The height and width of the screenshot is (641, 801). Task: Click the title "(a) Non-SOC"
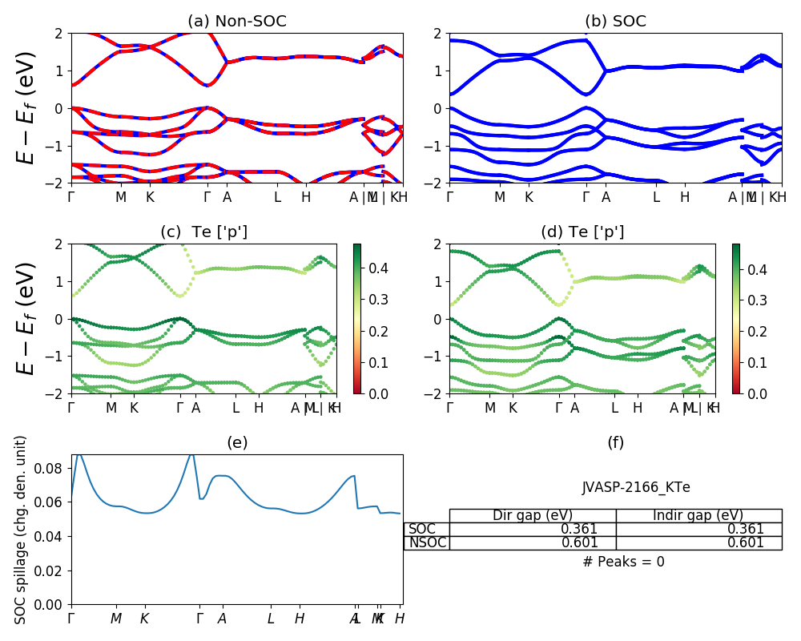[236, 22]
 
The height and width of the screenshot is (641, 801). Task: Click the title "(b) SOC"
[615, 22]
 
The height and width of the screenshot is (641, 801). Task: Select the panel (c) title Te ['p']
[203, 232]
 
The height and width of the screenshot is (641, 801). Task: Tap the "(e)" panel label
[237, 442]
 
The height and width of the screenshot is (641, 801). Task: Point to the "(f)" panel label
[615, 442]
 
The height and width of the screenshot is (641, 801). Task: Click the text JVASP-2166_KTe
[636, 487]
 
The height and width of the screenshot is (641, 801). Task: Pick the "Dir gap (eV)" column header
[533, 515]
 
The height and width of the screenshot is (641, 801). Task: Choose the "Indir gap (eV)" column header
[698, 515]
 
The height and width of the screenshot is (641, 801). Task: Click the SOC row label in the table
[422, 529]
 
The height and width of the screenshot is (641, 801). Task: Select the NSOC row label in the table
[428, 542]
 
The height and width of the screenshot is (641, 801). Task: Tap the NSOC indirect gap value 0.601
[745, 542]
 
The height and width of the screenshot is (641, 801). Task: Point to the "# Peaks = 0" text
[623, 562]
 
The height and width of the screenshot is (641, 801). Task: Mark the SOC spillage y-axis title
[22, 530]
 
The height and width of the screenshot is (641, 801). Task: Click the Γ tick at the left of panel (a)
[72, 196]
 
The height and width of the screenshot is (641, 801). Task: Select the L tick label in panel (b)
[656, 196]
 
